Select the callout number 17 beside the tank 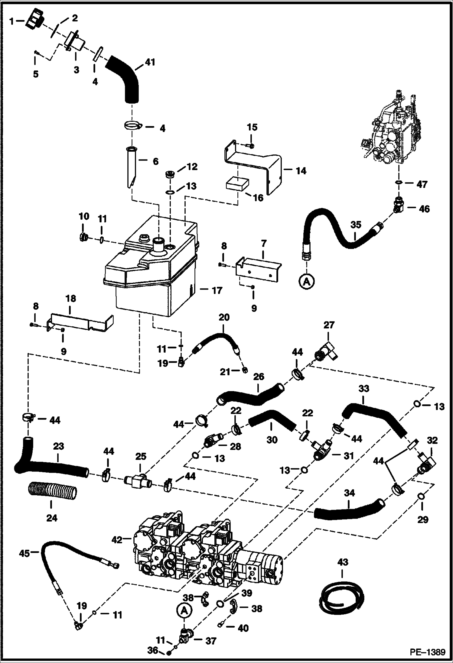point(217,290)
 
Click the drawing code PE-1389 point(427,652)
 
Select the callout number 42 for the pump point(117,539)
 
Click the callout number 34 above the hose point(349,493)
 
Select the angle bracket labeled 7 point(260,266)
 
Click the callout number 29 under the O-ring point(422,519)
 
